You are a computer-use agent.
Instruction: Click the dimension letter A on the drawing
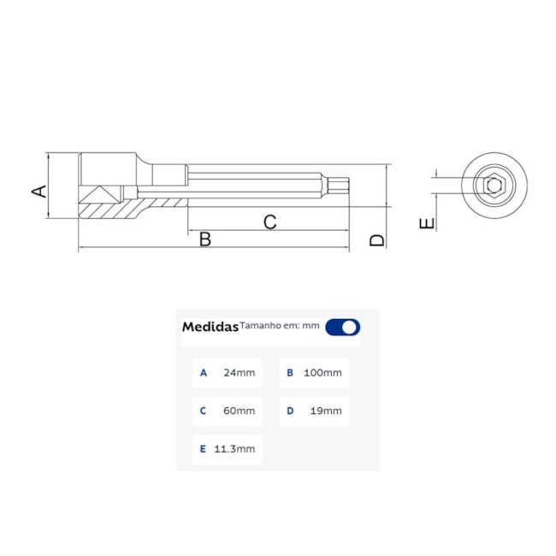38,189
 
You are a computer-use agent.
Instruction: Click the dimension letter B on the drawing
205,240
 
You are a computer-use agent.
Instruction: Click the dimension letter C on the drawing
269,222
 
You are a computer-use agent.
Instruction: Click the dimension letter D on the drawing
377,240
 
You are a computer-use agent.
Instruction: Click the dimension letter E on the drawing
428,223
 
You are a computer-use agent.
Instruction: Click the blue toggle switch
343,327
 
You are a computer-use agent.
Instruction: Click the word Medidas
210,327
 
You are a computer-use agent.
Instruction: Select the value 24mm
239,373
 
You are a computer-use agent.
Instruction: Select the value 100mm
323,373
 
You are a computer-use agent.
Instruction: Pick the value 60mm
239,411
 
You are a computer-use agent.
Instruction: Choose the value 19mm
325,411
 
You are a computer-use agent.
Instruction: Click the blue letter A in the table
203,373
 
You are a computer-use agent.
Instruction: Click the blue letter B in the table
290,373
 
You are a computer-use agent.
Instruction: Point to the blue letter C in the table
203,411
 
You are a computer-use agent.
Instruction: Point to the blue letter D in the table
290,411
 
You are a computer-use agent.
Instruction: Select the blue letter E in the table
203,449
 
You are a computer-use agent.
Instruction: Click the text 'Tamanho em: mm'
279,325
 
